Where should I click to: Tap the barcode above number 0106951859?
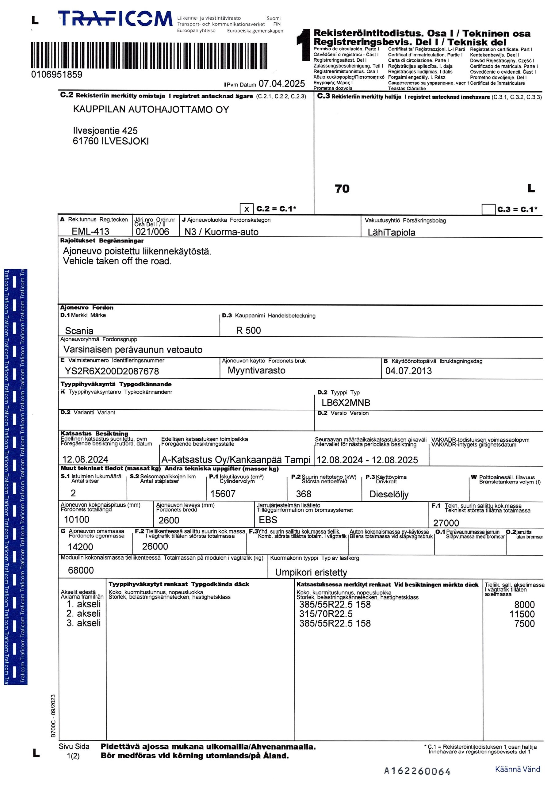pos(149,56)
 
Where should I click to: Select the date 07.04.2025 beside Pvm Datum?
pos(281,84)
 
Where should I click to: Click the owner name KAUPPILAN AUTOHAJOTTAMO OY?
pos(151,110)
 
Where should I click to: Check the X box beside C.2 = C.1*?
pos(247,209)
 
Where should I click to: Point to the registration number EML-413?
pos(90,232)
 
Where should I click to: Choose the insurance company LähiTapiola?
pos(391,232)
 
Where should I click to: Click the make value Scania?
pos(79,331)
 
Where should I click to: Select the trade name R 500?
pos(248,330)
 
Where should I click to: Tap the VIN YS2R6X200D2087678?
pos(112,371)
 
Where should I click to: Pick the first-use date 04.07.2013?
pos(408,371)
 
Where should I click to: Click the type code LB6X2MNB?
pos(346,403)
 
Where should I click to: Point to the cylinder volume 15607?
pos(223,494)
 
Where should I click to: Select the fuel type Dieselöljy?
pos(389,494)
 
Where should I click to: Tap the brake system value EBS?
pos(268,520)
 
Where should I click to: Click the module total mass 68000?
pos(81,570)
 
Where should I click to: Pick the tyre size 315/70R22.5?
pos(326,614)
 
